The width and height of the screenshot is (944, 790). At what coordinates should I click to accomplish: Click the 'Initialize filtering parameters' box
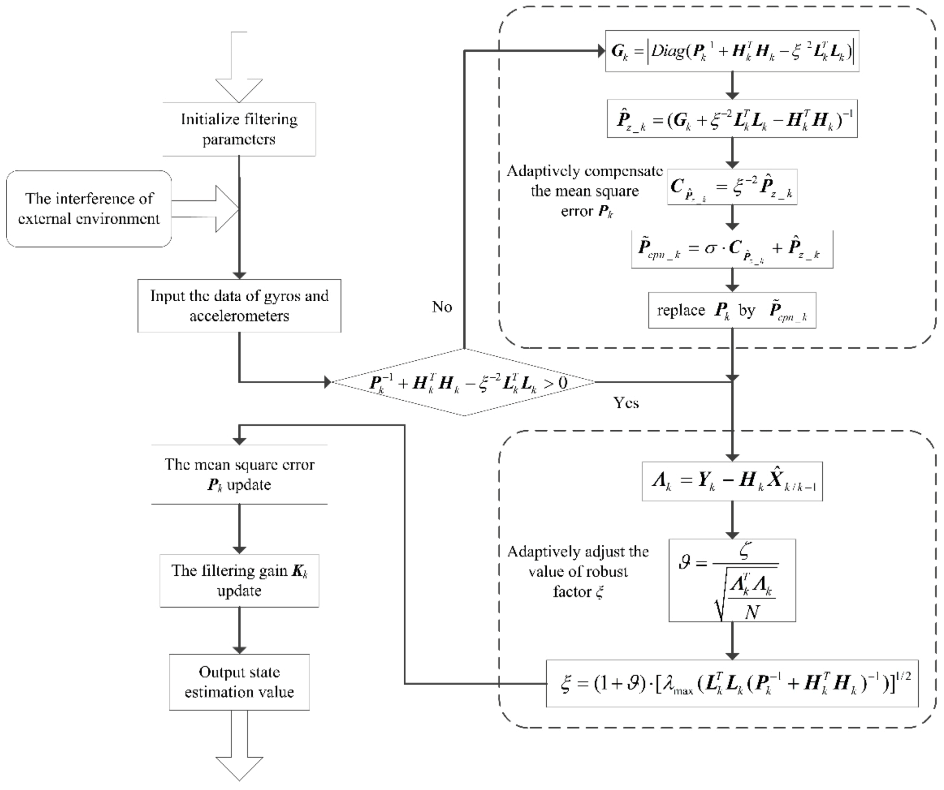239,129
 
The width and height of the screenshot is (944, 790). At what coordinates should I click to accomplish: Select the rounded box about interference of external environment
89,209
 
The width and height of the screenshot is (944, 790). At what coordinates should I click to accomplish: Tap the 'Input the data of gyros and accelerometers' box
239,306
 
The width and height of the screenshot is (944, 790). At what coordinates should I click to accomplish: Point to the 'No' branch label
441,307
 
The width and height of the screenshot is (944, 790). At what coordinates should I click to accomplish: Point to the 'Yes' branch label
626,403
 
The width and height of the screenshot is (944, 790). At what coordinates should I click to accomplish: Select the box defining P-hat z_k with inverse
732,119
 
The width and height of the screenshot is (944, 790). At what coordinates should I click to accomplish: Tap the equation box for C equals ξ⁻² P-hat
732,187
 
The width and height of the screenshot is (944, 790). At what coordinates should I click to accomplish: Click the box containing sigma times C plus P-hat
732,249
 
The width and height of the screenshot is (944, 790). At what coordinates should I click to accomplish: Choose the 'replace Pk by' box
732,311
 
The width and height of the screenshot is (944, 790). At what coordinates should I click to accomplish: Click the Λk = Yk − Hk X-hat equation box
732,481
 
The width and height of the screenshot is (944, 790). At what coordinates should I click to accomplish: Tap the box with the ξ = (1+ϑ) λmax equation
732,683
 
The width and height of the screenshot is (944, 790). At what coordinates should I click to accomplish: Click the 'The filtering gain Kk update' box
239,581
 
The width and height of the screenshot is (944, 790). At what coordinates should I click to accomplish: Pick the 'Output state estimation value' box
239,682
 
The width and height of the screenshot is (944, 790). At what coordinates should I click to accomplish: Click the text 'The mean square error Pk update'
239,475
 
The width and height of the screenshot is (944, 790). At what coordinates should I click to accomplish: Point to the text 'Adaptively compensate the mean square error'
584,191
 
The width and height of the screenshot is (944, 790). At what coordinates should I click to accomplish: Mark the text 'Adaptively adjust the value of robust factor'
578,572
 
